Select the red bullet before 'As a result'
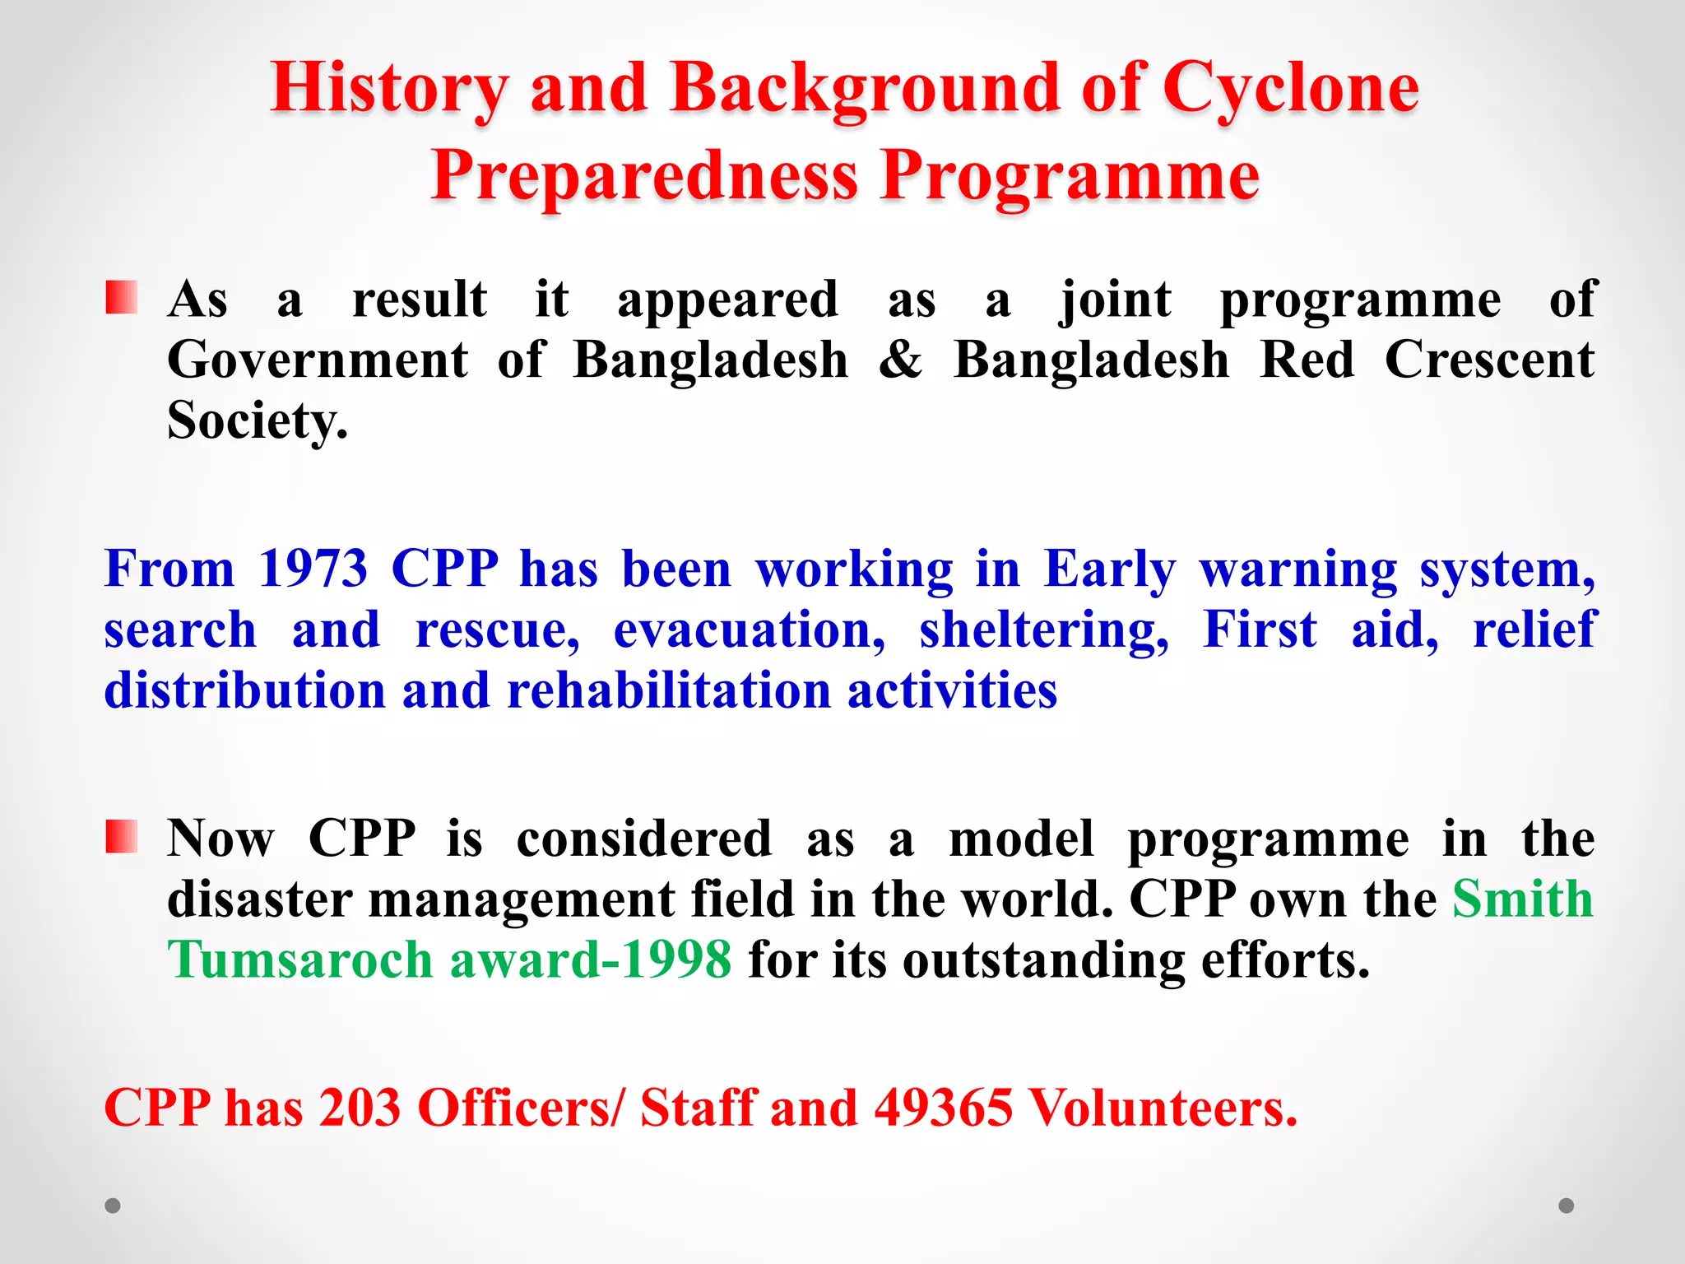121,298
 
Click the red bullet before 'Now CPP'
121,837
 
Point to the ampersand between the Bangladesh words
900,360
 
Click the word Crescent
1489,360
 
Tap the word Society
257,421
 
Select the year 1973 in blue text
313,569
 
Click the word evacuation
750,630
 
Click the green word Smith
1523,899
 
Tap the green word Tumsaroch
300,960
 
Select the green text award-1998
590,960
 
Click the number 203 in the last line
360,1108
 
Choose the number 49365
943,1108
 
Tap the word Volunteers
1163,1108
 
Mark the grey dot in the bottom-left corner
113,1206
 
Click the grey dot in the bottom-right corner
1567,1206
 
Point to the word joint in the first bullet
1115,300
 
